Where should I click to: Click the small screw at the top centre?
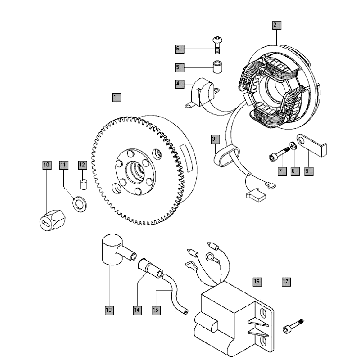pyautogui.click(x=215, y=43)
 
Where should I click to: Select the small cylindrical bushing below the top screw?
pyautogui.click(x=214, y=71)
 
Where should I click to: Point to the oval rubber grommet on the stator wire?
pyautogui.click(x=222, y=155)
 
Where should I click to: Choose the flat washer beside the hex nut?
pyautogui.click(x=71, y=203)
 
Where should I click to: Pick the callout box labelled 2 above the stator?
pyautogui.click(x=276, y=22)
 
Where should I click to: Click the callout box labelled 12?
pyautogui.click(x=82, y=164)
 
